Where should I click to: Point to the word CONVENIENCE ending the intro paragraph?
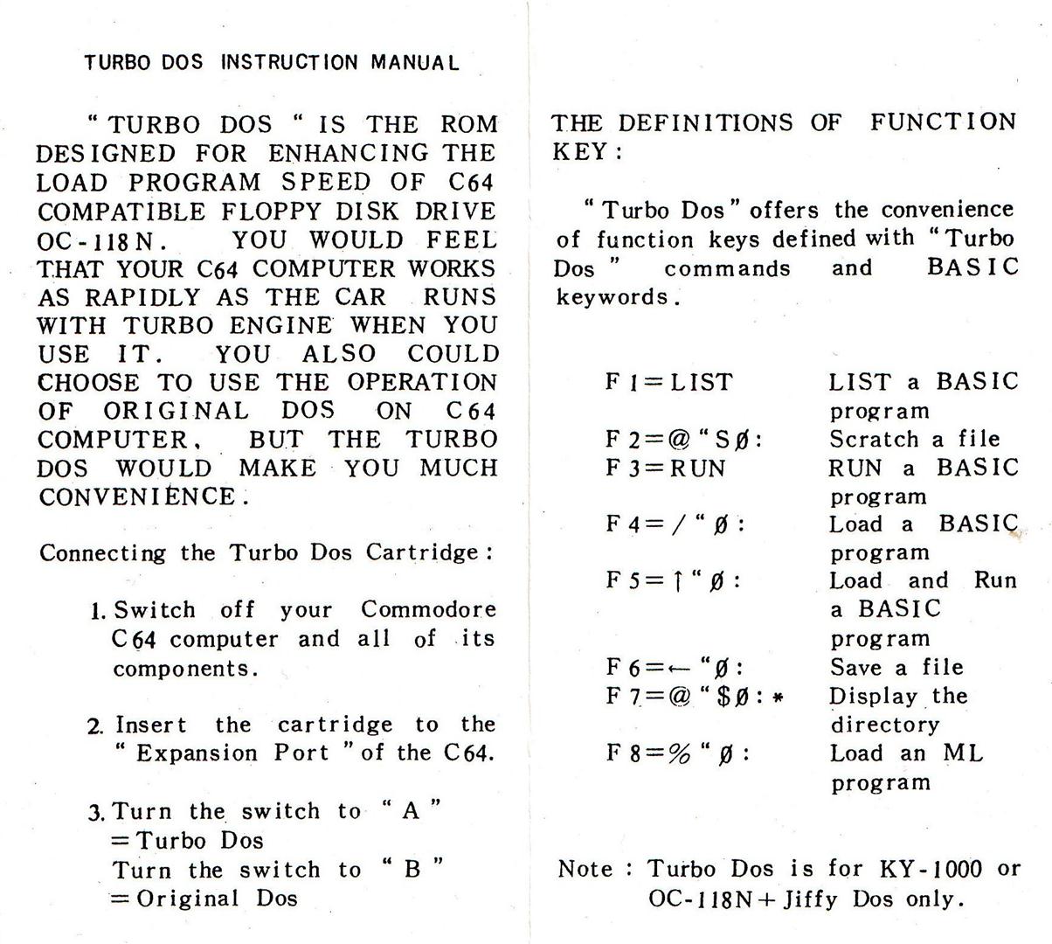tap(138, 496)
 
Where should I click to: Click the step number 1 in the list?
tap(97, 610)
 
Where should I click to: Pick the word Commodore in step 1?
tap(428, 609)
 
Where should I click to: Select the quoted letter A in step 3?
tap(411, 810)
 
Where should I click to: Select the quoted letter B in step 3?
tap(412, 869)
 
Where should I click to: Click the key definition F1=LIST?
tap(669, 382)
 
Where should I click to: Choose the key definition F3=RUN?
tap(666, 468)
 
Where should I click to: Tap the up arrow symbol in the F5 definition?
tap(677, 580)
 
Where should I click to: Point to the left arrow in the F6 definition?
tap(681, 669)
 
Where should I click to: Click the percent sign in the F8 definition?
tap(680, 753)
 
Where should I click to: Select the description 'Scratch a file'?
tap(914, 439)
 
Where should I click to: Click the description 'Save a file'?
tap(896, 667)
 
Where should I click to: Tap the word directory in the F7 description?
tap(884, 725)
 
